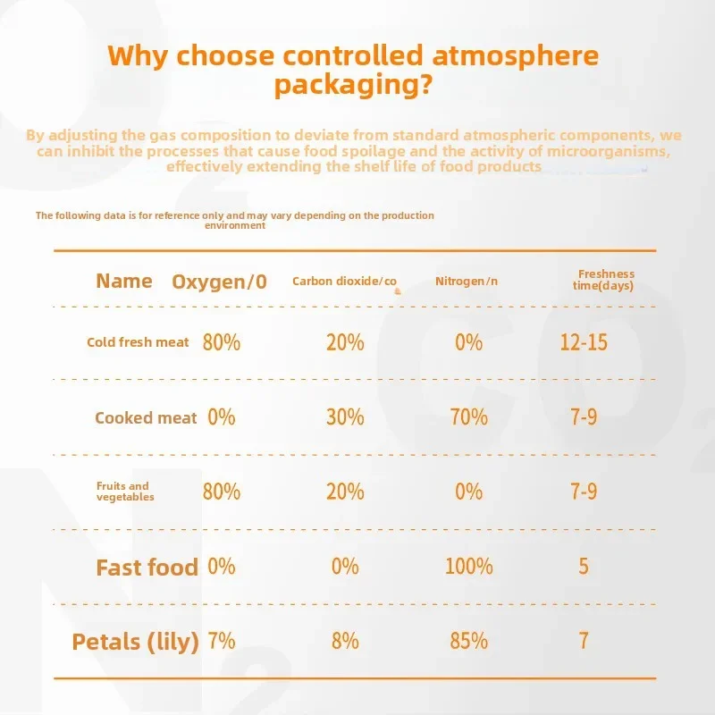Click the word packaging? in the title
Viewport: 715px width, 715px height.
[353, 84]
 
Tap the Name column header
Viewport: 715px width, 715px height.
[124, 281]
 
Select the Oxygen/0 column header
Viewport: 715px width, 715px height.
[219, 282]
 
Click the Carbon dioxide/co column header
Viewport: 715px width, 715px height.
[344, 282]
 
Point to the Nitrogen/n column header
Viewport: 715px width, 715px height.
[467, 281]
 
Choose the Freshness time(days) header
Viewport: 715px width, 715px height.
[603, 280]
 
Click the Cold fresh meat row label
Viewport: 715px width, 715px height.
[138, 342]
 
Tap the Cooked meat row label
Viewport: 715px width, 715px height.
[146, 417]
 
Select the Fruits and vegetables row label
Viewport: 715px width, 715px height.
[125, 492]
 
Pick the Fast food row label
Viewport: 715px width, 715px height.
[147, 568]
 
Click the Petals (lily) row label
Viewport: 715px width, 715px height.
[136, 642]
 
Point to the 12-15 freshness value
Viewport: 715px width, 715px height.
[584, 342]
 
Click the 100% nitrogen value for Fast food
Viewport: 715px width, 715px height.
[468, 567]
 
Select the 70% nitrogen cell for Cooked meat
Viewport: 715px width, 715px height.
[468, 416]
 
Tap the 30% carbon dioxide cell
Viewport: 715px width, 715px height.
[345, 416]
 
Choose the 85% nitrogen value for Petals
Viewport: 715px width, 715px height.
[468, 641]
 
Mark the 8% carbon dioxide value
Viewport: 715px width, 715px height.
[345, 641]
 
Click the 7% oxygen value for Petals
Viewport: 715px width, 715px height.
[222, 641]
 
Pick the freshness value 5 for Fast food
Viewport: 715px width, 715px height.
[584, 567]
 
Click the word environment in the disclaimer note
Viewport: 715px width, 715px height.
[235, 225]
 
